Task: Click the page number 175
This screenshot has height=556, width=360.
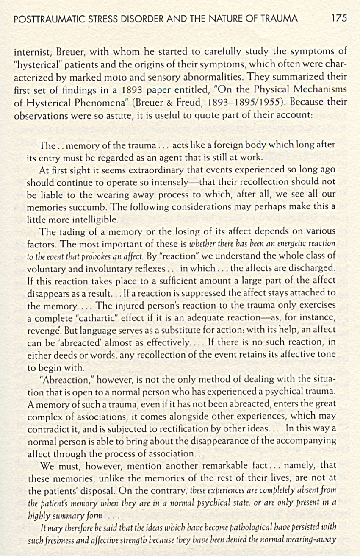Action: pos(339,18)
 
